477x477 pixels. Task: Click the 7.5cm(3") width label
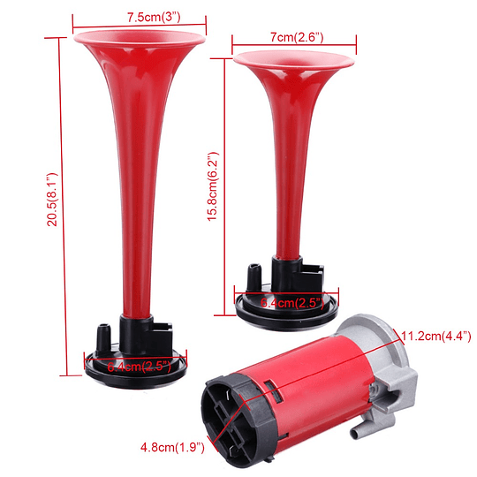141,17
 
